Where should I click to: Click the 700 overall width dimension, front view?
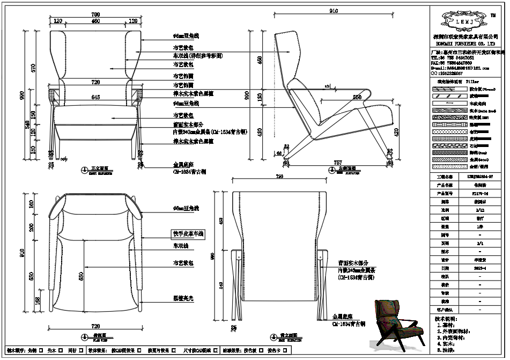point(95,13)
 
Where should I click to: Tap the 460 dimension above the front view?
point(95,21)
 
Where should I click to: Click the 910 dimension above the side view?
point(334,11)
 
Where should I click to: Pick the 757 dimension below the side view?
point(338,161)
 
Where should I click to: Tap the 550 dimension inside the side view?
point(357,97)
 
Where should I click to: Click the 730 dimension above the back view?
point(279,176)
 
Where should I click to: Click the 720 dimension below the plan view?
point(96,326)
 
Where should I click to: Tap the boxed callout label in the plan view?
point(188,234)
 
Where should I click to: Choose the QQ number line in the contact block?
point(450,74)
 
